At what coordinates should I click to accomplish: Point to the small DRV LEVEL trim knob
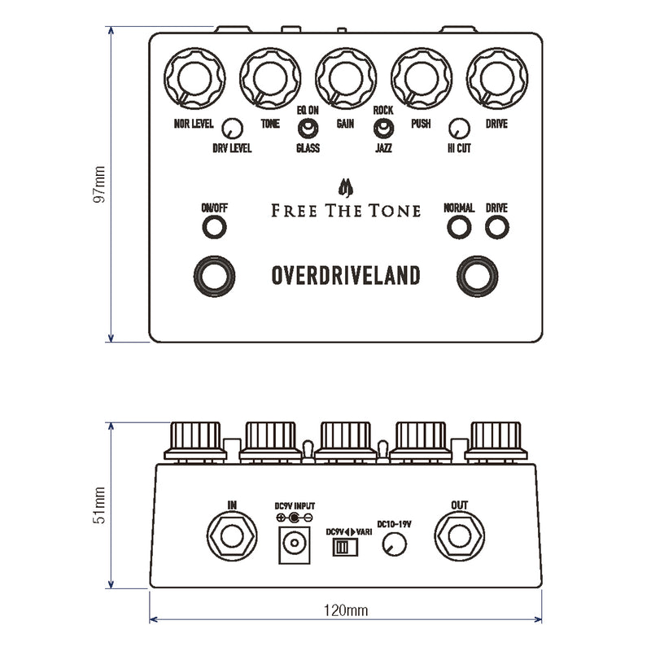[232, 128]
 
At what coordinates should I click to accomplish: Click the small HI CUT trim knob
[459, 128]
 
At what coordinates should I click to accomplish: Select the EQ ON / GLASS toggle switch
[308, 128]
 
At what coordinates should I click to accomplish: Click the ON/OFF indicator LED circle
[214, 228]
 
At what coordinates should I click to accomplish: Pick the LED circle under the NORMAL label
[458, 228]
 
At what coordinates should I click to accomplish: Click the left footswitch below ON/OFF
[214, 276]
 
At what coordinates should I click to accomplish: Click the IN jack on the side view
[233, 536]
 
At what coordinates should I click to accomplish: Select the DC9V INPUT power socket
[294, 544]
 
